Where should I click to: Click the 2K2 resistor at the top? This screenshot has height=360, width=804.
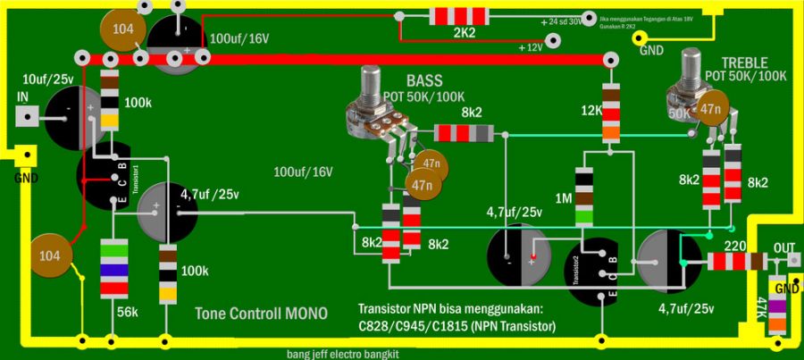464,15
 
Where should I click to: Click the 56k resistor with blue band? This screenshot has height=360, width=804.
113,269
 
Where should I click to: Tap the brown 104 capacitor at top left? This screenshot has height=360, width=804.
123,29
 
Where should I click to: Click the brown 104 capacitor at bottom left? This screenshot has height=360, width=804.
50,255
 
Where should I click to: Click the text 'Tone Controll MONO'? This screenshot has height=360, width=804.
261,314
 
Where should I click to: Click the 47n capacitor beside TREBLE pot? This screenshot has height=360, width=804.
710,109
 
